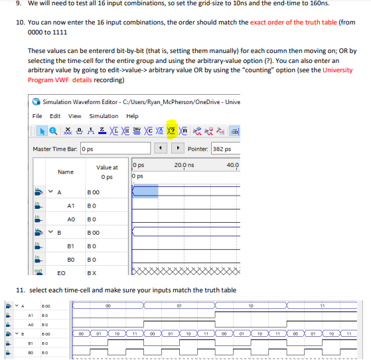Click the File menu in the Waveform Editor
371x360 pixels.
pyautogui.click(x=38, y=116)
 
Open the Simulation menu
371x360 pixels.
pyautogui.click(x=104, y=116)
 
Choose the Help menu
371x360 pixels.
pyautogui.click(x=133, y=116)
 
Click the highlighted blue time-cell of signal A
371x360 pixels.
pyautogui.click(x=145, y=192)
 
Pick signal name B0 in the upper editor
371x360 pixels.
pyautogui.click(x=70, y=259)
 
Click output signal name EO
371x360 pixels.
pyautogui.click(x=61, y=272)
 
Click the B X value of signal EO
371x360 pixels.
pyautogui.click(x=92, y=272)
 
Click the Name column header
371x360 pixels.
pyautogui.click(x=65, y=172)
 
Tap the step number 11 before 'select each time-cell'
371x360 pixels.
pyautogui.click(x=19, y=290)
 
